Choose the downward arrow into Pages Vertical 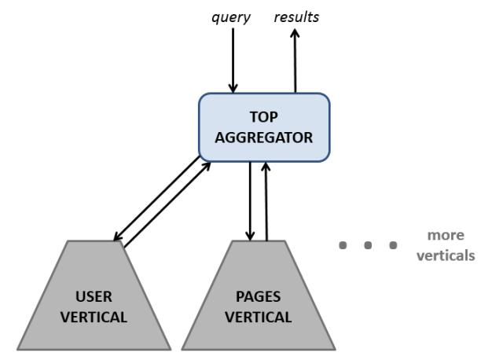point(250,201)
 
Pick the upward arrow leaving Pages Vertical point(267,201)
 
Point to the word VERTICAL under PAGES point(259,318)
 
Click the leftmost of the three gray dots point(343,246)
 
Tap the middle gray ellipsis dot point(368,246)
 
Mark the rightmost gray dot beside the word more point(393,246)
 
